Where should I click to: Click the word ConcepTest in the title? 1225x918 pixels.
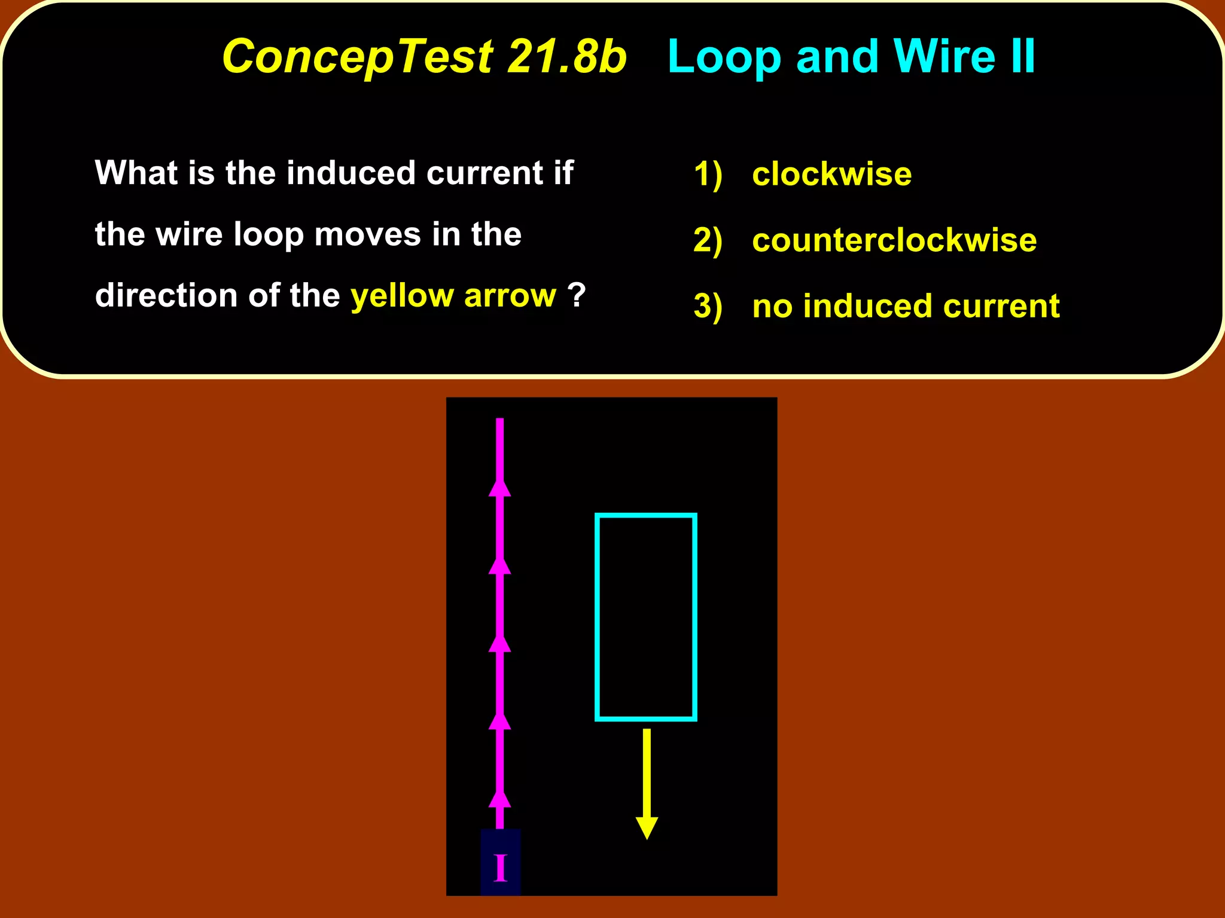coord(357,57)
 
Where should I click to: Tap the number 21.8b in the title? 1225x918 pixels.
coord(566,57)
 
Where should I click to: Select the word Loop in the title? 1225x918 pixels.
coord(724,57)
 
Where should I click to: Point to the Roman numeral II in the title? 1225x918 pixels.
coord(1023,57)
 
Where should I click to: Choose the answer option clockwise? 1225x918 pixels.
coord(831,174)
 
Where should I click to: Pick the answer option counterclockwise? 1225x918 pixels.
coord(894,240)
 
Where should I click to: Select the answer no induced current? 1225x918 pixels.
coord(906,306)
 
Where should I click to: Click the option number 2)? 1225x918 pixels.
coord(708,240)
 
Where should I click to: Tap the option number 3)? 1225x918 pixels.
coord(708,307)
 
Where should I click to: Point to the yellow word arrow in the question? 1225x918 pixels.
coord(510,295)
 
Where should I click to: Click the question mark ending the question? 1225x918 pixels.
coord(576,294)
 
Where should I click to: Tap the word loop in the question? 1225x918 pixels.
coord(269,234)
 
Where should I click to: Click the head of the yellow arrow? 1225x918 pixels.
coord(647,828)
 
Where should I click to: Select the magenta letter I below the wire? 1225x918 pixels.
coord(501,868)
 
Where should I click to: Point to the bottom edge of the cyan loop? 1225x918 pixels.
coord(646,718)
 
